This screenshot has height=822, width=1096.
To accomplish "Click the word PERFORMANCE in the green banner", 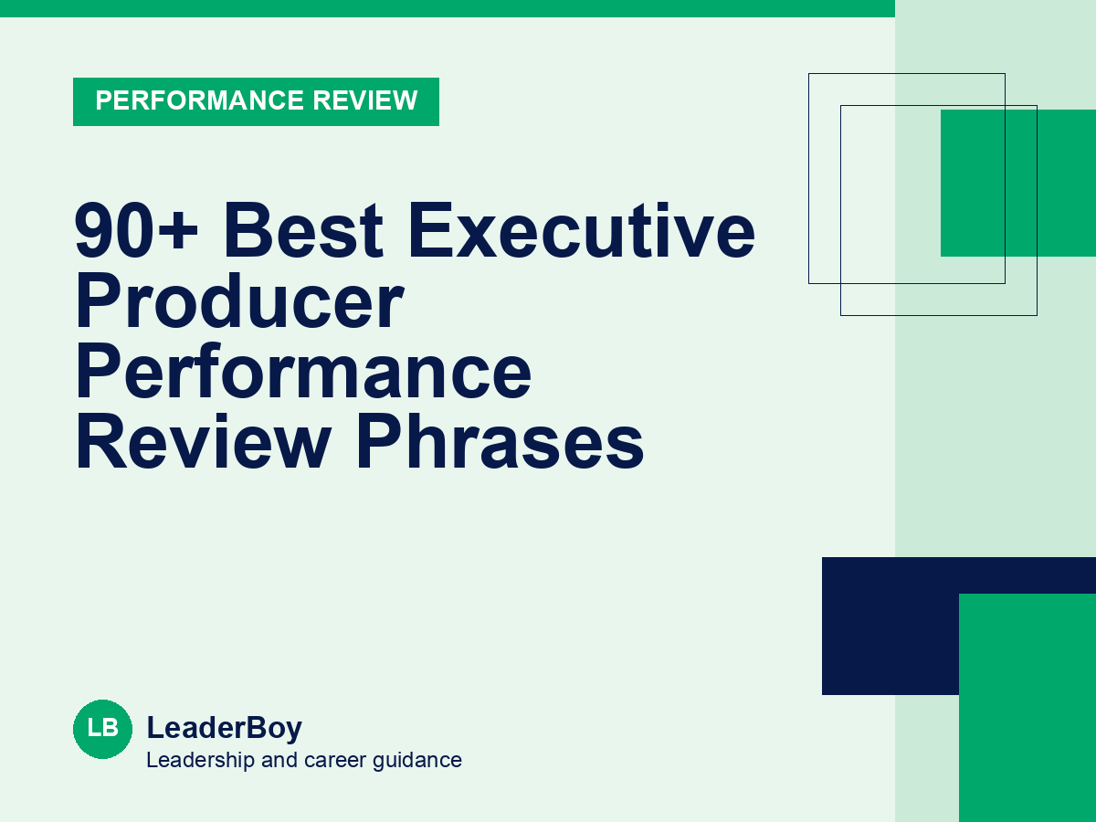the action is [199, 100].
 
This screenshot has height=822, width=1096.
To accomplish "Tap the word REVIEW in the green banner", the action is [365, 100].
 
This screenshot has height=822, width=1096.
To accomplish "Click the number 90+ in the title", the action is [136, 230].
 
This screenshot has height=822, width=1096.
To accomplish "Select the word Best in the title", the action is [303, 230].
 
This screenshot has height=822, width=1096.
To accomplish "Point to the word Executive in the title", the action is [582, 230].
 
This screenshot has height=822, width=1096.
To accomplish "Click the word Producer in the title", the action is [239, 301].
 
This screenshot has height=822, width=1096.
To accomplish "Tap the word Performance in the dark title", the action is [303, 372].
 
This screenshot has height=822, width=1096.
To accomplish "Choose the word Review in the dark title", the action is [204, 442].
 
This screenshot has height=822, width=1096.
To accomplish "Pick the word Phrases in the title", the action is [500, 442].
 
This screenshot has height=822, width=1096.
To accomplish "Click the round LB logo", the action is [103, 729].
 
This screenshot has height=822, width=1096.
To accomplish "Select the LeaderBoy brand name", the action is [224, 728].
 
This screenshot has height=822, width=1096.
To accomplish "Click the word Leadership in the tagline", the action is [200, 760].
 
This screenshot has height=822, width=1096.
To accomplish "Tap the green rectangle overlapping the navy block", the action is [1027, 708].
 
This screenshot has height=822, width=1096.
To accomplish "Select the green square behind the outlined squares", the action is [1018, 183].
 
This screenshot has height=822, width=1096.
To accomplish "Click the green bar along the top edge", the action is [448, 8].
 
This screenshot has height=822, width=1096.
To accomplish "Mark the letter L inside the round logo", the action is [94, 728].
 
